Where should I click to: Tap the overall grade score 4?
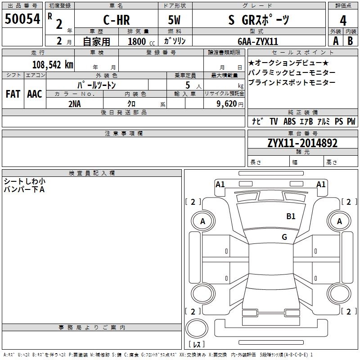click(x=343, y=20)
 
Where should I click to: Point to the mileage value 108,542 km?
click(x=52, y=64)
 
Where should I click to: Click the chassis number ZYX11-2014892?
click(x=302, y=144)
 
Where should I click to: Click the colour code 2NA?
click(x=75, y=103)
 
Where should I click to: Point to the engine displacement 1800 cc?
click(x=139, y=41)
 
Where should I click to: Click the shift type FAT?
click(x=13, y=94)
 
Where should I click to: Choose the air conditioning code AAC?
click(x=34, y=94)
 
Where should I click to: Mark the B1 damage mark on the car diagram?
click(x=291, y=216)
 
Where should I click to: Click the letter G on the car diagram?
click(x=284, y=237)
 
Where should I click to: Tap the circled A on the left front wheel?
click(x=202, y=221)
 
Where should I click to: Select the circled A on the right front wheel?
click(x=340, y=221)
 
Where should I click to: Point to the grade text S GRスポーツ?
click(x=259, y=20)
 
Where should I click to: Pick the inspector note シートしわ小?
click(x=25, y=181)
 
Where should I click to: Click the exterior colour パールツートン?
click(x=97, y=84)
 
